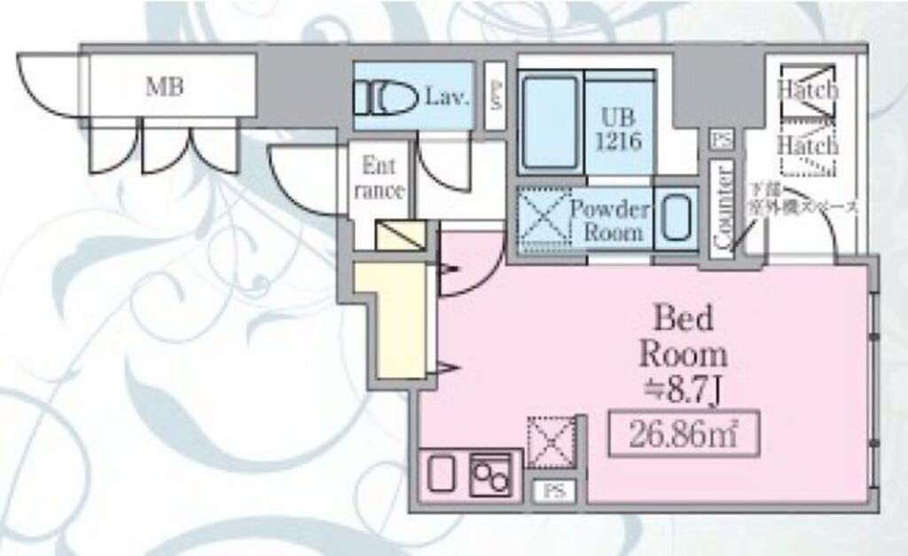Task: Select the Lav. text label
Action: pos(446,95)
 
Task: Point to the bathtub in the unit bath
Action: pos(549,121)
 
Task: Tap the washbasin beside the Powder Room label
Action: pos(677,217)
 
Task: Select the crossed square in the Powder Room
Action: pos(542,218)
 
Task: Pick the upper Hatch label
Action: pos(808,90)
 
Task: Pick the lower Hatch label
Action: pos(808,145)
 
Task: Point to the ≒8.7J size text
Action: pos(684,388)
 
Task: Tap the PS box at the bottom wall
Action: pos(554,490)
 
